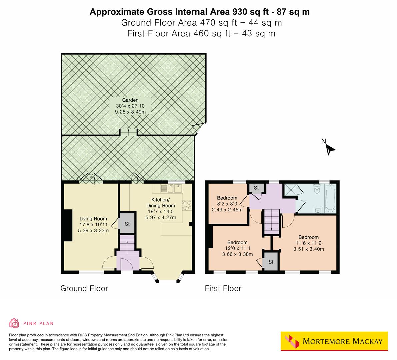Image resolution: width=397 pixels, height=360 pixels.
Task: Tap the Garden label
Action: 130,106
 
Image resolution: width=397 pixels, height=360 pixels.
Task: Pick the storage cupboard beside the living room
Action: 127,224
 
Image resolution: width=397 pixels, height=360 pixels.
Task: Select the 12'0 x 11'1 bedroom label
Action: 237,248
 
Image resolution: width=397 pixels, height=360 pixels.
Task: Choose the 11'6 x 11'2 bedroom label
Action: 308,243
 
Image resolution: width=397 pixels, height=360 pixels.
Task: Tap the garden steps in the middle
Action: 128,132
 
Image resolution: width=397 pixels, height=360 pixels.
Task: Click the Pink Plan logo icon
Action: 14,323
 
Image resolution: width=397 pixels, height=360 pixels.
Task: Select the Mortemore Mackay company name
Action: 342,341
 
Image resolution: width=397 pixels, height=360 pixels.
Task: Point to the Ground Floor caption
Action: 84,288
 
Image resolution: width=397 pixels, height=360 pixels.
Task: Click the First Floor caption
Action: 223,288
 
